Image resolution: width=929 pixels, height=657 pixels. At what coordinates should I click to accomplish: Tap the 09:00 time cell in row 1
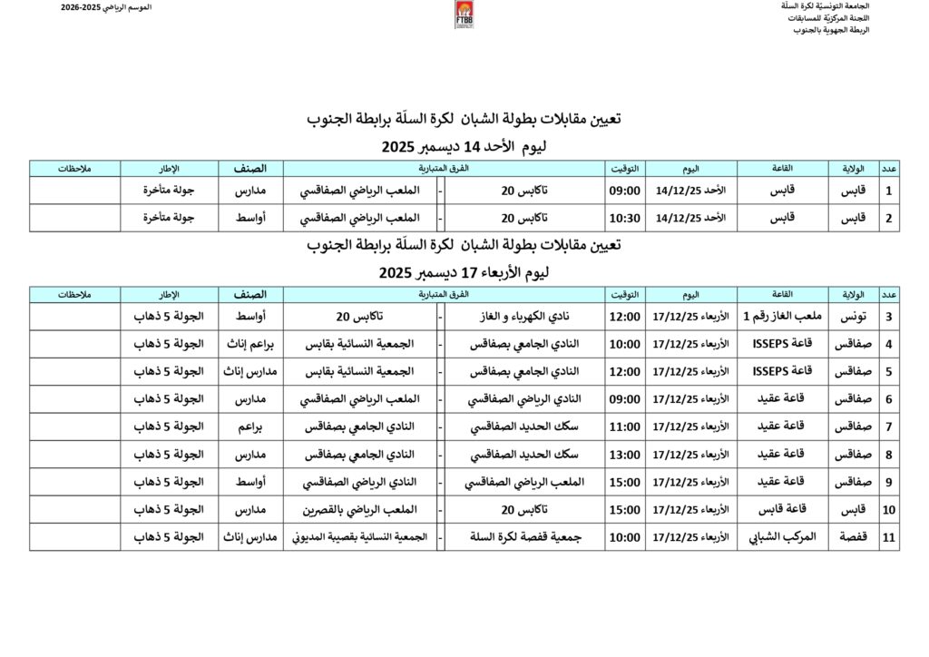[625, 191]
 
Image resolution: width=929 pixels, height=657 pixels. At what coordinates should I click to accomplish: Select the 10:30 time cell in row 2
[625, 218]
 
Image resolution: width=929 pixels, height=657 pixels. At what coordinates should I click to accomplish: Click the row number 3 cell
[889, 317]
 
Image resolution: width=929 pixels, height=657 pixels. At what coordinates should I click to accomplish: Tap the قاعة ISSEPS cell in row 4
[781, 344]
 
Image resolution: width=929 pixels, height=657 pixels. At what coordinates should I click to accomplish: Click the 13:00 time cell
[625, 454]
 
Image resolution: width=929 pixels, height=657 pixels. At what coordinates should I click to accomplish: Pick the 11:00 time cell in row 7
[625, 427]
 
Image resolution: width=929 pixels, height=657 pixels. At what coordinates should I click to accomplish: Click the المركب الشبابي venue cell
[781, 536]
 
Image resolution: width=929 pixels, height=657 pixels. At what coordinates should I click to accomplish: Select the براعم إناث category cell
[250, 344]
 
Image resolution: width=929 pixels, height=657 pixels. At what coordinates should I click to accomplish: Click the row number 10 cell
[889, 509]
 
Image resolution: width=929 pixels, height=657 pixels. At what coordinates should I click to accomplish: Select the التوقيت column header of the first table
[625, 169]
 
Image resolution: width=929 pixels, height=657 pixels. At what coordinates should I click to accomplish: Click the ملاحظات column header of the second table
[75, 295]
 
